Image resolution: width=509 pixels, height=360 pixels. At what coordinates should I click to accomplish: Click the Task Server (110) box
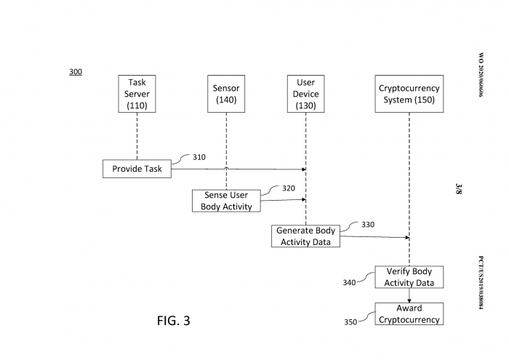pos(137,94)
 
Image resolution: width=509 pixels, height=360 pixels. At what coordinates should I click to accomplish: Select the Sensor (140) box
pos(226,94)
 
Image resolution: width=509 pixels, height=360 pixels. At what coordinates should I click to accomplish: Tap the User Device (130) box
pos(305,94)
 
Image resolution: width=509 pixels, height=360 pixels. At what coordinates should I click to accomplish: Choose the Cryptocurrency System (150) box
pos(409,94)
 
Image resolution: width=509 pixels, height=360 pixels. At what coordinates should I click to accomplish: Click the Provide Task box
pos(137,169)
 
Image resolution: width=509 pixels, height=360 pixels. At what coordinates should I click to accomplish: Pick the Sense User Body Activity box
pos(226,201)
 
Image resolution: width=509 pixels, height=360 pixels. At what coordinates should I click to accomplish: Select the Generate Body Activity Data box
pos(305,236)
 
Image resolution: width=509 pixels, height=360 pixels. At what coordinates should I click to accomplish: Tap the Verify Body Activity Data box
pos(409,277)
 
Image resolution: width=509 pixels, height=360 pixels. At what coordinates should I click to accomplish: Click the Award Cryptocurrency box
pos(409,314)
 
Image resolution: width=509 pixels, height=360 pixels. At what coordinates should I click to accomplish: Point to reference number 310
pos(199,156)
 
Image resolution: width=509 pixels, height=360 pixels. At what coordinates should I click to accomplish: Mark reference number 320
pos(288,188)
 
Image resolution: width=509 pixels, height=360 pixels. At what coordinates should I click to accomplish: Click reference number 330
pos(368,225)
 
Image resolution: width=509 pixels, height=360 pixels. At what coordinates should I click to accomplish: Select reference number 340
pos(349,282)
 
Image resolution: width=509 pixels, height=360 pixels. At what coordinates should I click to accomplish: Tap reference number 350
pos(350,322)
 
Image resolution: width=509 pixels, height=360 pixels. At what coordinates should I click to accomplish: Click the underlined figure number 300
pos(76,72)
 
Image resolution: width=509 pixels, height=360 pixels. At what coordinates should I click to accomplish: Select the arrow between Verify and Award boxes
pos(409,295)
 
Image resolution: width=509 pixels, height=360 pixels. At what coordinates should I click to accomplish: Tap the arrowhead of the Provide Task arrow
pos(302,169)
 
